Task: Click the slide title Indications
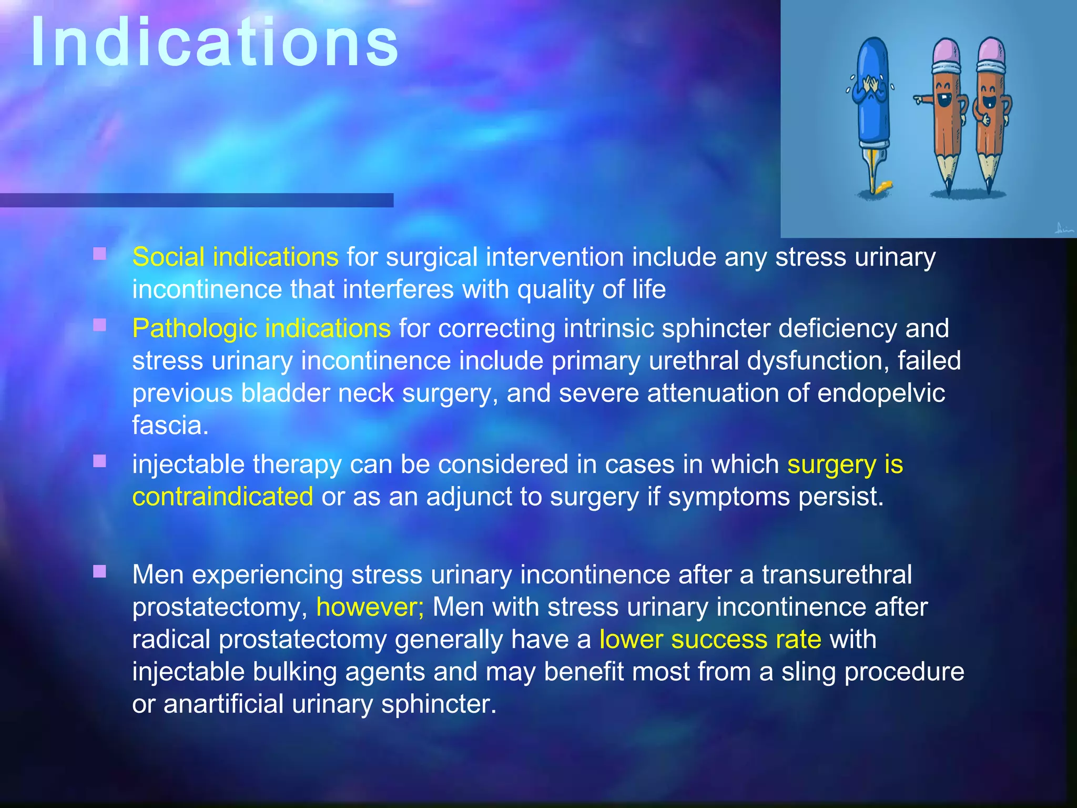tap(215, 43)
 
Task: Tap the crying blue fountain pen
tap(873, 100)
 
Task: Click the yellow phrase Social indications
tap(235, 257)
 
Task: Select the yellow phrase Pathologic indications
tap(261, 329)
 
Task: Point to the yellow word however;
tap(370, 608)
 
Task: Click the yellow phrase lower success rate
tap(710, 640)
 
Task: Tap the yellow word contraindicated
tap(222, 497)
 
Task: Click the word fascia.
tap(170, 426)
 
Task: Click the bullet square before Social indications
tap(99, 254)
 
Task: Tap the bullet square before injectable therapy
tap(99, 461)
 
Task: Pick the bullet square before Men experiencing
tap(99, 571)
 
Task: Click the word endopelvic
tap(881, 393)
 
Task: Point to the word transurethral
tap(837, 575)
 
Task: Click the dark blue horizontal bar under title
tap(196, 200)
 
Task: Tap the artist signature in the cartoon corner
tap(1063, 228)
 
